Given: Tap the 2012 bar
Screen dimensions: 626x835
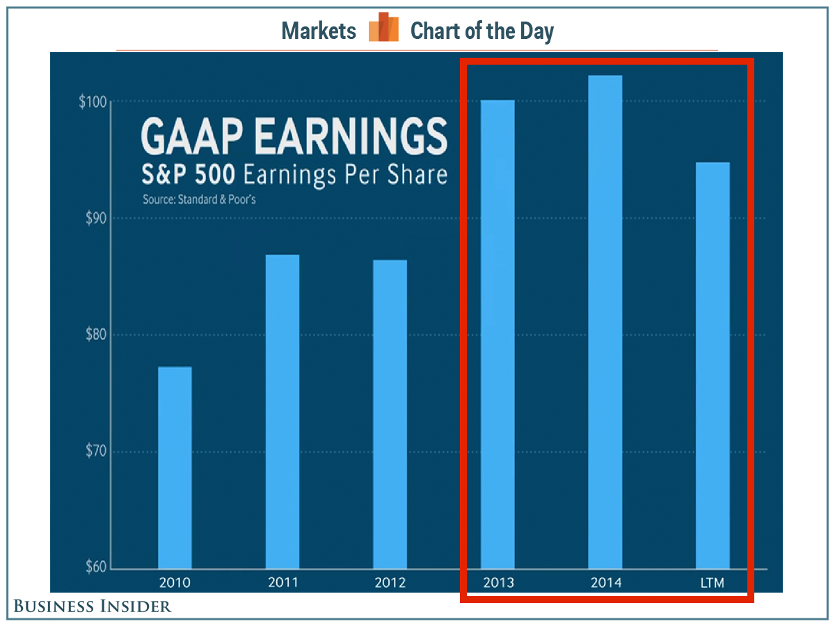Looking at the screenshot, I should [x=390, y=414].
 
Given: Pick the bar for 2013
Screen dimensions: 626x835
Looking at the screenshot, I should [x=498, y=334].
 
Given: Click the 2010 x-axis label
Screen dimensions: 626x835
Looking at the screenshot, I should [x=175, y=582].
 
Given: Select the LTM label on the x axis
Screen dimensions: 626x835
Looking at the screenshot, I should [x=713, y=582].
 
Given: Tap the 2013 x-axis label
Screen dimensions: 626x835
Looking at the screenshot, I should [x=498, y=582].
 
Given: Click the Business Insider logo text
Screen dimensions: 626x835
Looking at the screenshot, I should [x=93, y=607].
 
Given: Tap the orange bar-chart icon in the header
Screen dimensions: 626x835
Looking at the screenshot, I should [x=383, y=29].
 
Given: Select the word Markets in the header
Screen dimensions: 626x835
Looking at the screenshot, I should [x=319, y=31].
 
